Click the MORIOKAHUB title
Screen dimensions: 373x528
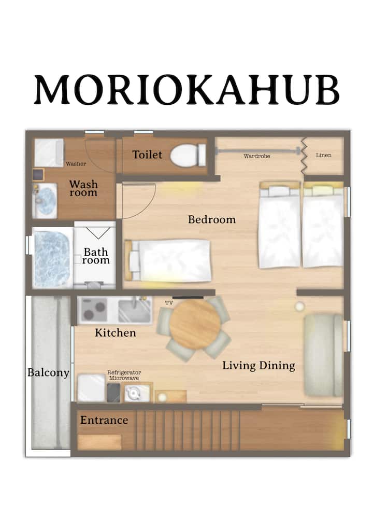[x=187, y=90]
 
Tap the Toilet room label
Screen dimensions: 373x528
[x=147, y=155]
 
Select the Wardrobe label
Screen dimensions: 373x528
[x=257, y=156]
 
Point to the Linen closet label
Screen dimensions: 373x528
[x=324, y=155]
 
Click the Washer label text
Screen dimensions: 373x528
[x=76, y=164]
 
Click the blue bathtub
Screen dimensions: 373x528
[x=52, y=258]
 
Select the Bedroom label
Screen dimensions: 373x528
[x=211, y=219]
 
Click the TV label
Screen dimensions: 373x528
[x=169, y=303]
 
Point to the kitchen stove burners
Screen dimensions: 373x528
[x=94, y=309]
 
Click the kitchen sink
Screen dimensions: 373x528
[x=135, y=310]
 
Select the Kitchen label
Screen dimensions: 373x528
[x=116, y=332]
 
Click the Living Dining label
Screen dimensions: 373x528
[x=259, y=366]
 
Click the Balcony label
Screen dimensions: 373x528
[x=48, y=373]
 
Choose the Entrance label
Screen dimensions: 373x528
[x=104, y=420]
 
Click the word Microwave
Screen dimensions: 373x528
[x=124, y=378]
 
